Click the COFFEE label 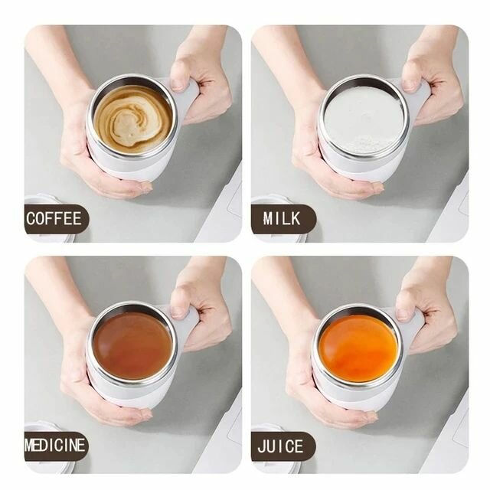coord(55,219)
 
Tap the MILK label coord(283,219)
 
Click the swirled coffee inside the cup coord(132,118)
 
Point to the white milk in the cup coord(362,119)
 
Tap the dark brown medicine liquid coord(132,345)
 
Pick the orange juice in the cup coord(358,348)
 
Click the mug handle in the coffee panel coord(186,100)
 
